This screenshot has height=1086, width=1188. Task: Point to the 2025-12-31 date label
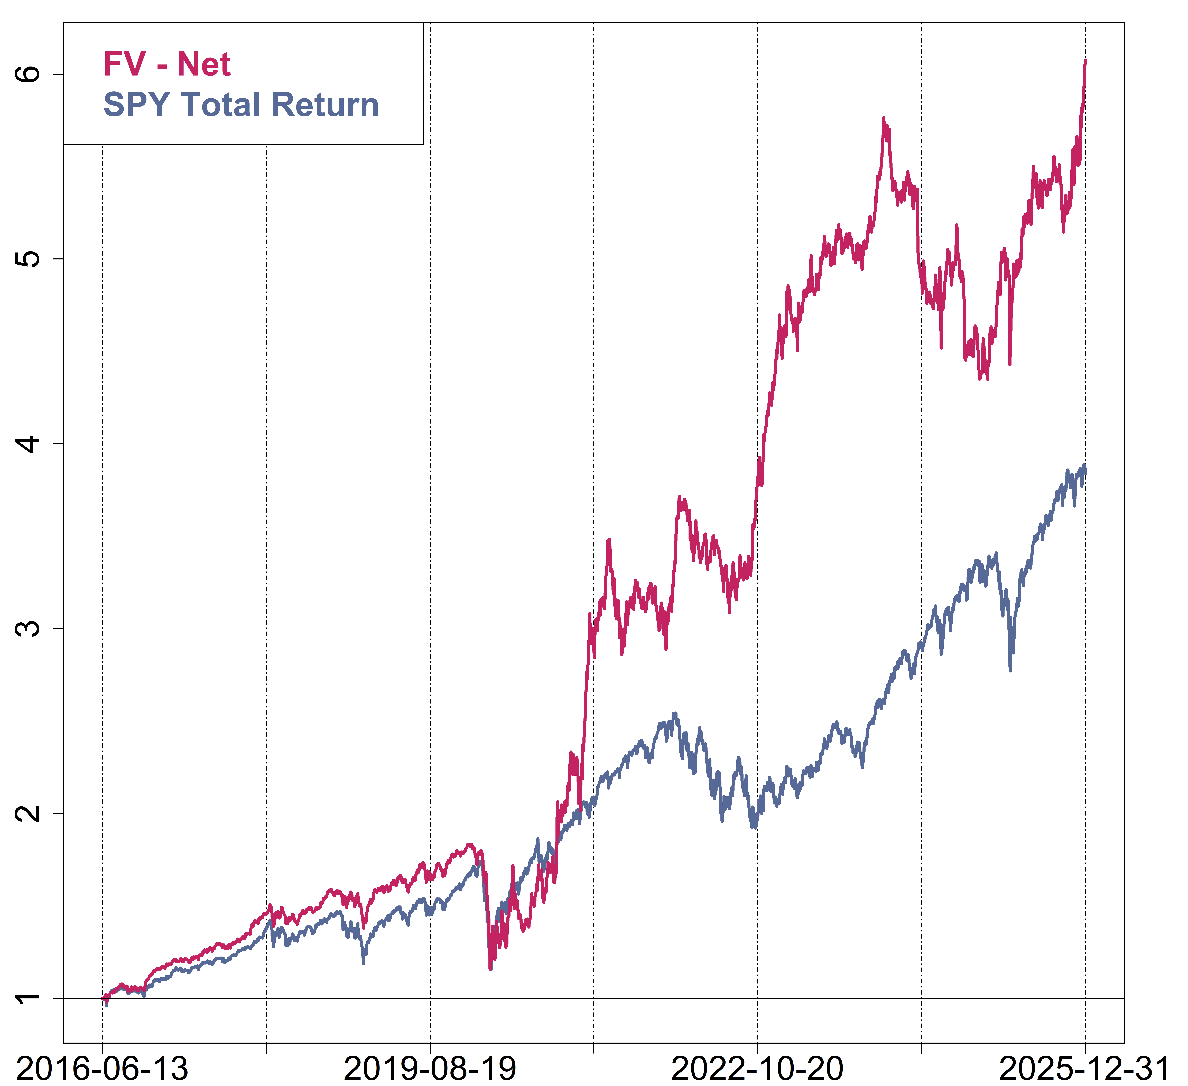pos(1084,1068)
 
